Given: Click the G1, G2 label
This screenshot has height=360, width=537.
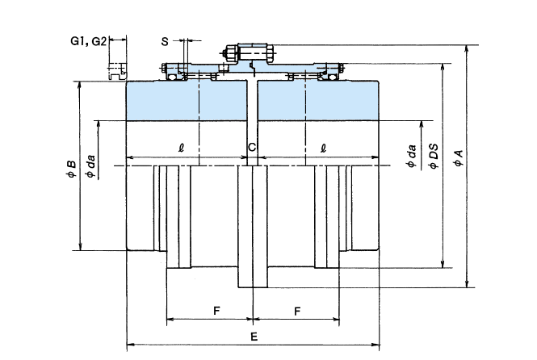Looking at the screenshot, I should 88,40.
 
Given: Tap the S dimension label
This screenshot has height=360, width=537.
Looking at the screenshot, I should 165,40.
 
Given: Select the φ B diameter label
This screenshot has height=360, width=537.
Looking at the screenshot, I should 71,168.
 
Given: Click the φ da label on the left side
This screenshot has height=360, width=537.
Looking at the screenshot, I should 91,167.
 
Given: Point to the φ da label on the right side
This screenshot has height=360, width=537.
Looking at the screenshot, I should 413,154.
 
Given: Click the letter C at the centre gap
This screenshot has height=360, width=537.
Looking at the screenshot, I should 252,147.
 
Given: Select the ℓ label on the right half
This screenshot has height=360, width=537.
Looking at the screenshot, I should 323,148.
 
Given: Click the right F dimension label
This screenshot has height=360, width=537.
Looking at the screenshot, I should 299,310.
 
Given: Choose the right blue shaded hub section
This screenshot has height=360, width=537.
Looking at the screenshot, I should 319,100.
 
